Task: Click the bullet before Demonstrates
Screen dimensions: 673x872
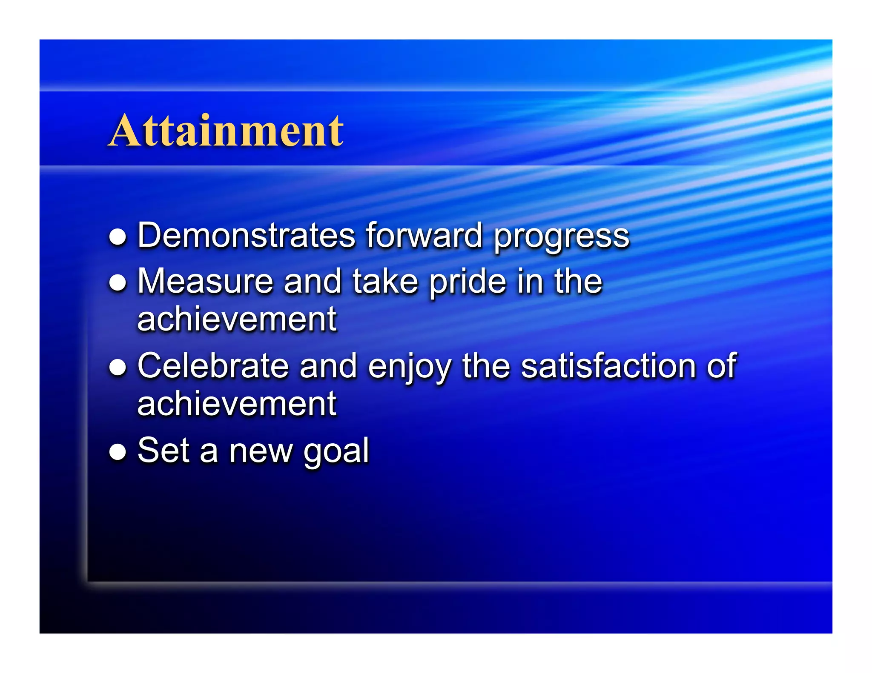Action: [x=118, y=237]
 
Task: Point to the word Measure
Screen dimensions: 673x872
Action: [x=205, y=281]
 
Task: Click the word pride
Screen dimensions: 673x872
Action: [x=468, y=282]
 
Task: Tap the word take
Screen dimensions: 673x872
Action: [x=385, y=281]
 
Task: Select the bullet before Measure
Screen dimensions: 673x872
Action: [x=118, y=283]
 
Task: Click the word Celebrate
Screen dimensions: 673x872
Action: [x=213, y=365]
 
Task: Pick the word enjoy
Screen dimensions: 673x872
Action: [x=409, y=367]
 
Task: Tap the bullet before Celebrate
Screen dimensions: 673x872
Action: [x=118, y=367]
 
